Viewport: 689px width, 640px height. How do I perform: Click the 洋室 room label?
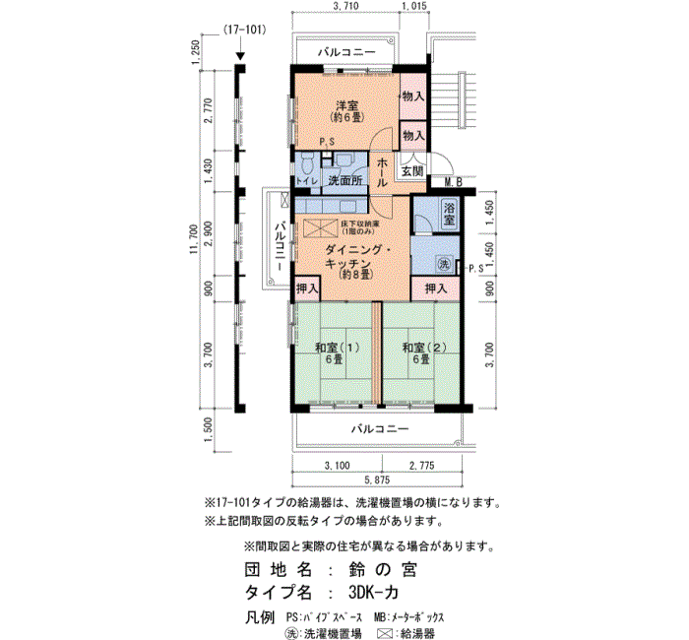[x=344, y=105]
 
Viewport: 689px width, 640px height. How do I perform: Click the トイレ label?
[x=305, y=181]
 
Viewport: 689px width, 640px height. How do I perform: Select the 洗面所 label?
[x=344, y=181]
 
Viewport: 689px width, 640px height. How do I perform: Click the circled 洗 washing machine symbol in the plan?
[x=444, y=264]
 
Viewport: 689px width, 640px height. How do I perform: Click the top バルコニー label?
[x=346, y=51]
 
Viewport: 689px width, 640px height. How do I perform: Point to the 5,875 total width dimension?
[x=378, y=480]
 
